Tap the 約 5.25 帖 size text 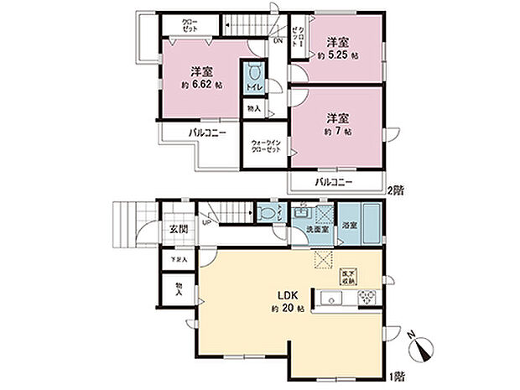tap(337, 55)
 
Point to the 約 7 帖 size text tap(335, 132)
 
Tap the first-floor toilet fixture tap(266, 213)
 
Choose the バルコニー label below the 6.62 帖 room tap(206, 133)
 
